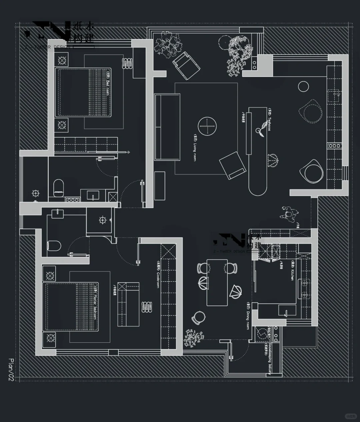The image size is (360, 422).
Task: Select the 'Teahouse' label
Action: pyautogui.click(x=269, y=118)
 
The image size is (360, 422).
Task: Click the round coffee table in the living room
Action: pyautogui.click(x=207, y=127)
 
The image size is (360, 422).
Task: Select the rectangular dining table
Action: pyautogui.click(x=217, y=282)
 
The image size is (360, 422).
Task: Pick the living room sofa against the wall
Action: pyautogui.click(x=167, y=127)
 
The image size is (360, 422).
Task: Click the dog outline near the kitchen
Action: pyautogui.click(x=288, y=213)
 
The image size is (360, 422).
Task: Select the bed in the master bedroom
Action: pyautogui.click(x=71, y=306)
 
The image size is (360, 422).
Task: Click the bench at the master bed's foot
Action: pyautogui.click(x=128, y=304)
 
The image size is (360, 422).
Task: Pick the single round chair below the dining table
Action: pyautogui.click(x=199, y=317)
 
